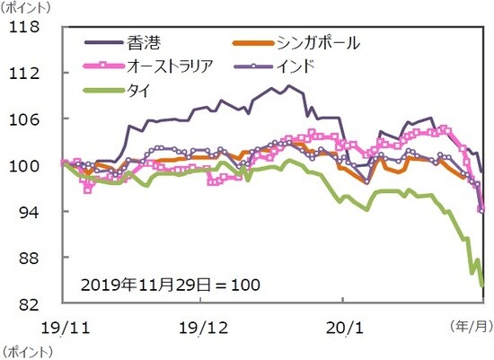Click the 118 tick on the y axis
pyautogui.click(x=29, y=27)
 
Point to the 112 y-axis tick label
pyautogui.click(x=29, y=73)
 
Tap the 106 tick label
pyautogui.click(x=29, y=119)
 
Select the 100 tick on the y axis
pyautogui.click(x=29, y=165)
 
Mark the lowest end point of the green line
pyautogui.click(x=482, y=285)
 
